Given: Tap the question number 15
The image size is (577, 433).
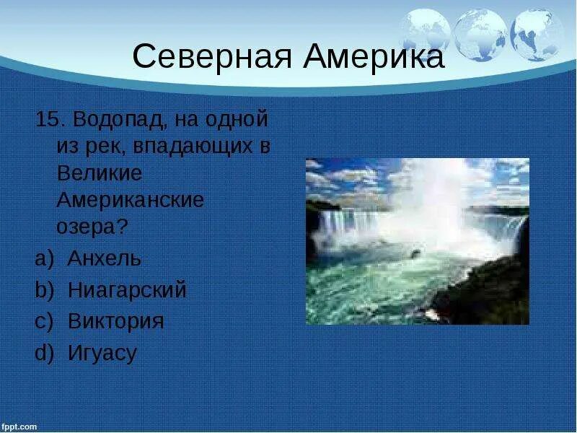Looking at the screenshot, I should pyautogui.click(x=47, y=120).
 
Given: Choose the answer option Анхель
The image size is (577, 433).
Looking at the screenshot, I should pyautogui.click(x=105, y=258).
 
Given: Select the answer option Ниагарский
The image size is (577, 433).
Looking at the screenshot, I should pyautogui.click(x=127, y=290).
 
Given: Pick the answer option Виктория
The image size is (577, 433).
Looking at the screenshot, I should pyautogui.click(x=115, y=321).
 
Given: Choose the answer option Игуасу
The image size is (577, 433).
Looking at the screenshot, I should pyautogui.click(x=102, y=353).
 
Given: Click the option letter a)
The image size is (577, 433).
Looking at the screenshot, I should pyautogui.click(x=43, y=258).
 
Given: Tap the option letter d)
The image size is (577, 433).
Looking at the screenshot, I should pyautogui.click(x=43, y=353).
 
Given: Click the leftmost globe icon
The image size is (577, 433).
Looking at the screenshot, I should pyautogui.click(x=425, y=32).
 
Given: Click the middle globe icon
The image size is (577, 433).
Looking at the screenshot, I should pyautogui.click(x=480, y=33).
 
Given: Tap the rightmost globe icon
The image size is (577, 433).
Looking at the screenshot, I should pyautogui.click(x=537, y=33).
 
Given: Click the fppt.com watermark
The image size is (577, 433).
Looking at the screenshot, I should pyautogui.click(x=19, y=427).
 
